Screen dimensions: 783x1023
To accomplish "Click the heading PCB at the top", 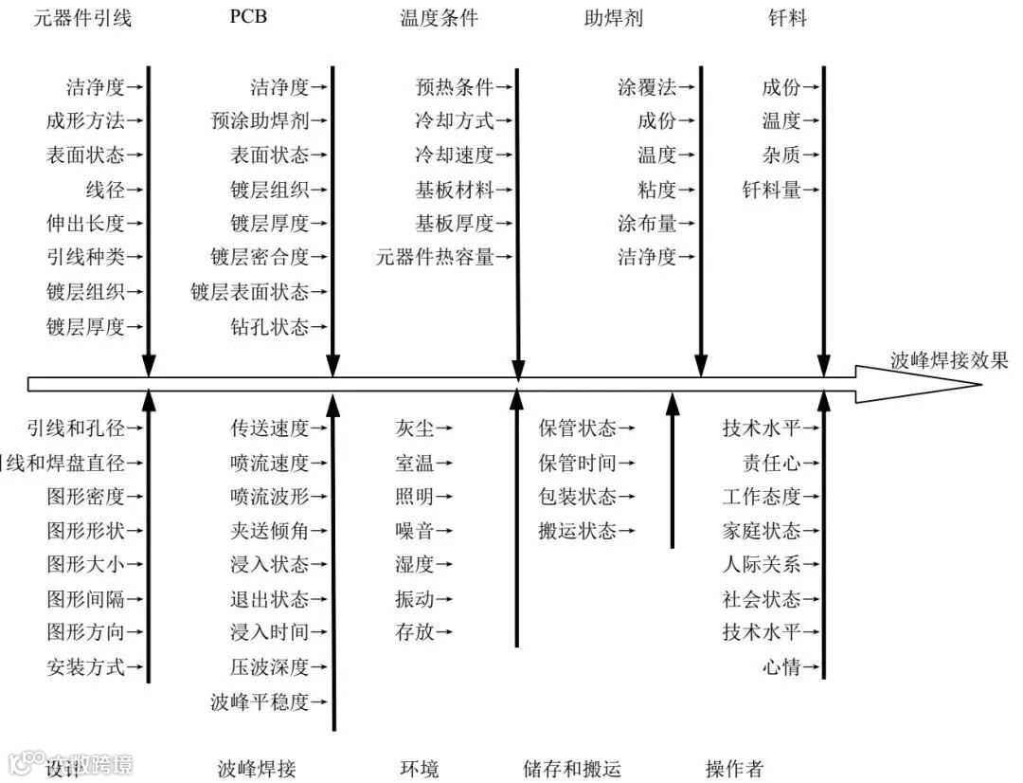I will click(248, 18).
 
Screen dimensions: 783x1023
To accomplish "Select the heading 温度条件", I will click(440, 18).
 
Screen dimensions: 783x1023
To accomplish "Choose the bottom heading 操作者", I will click(734, 769).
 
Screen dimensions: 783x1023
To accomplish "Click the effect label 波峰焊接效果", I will click(949, 360).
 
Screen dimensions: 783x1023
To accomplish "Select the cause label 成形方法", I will click(85, 121).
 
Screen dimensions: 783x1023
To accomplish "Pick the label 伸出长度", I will click(85, 224).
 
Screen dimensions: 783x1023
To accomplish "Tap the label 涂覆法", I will click(647, 88).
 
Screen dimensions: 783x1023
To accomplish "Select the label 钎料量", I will click(771, 191).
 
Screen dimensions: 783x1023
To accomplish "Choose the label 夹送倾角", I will click(269, 531).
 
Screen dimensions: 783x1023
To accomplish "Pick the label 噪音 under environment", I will click(414, 531).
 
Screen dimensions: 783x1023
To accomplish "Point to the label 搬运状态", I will click(577, 531).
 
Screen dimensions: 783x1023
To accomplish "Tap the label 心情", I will click(781, 667).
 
